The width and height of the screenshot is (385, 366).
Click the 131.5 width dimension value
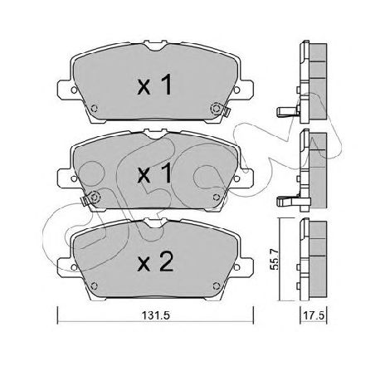coord(155,315)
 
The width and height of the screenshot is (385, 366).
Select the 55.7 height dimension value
coord(275,259)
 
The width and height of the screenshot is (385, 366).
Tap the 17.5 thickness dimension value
coord(314,315)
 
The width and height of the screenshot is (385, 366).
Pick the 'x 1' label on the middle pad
coord(155,173)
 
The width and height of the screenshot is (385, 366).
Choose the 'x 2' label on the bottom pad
coord(155,261)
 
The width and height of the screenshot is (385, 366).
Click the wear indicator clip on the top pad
coord(227,112)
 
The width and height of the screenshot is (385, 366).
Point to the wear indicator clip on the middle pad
coord(85,200)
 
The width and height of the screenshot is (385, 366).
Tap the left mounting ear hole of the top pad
coord(74,90)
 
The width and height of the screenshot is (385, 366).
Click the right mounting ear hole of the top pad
coord(236,90)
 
